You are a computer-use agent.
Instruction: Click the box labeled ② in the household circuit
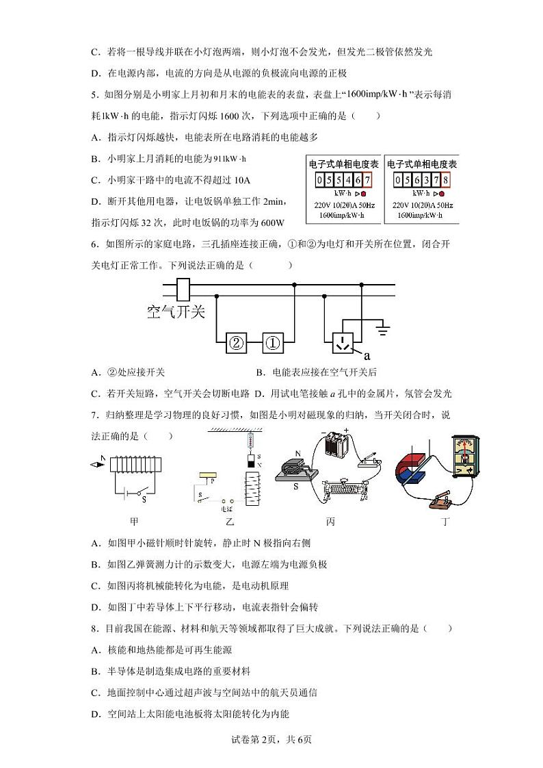coord(236,344)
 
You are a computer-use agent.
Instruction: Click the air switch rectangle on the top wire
coord(183,290)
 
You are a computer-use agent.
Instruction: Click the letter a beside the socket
coord(367,356)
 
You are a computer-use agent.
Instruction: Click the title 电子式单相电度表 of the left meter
coord(344,165)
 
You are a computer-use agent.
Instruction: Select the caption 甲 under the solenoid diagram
coord(134,522)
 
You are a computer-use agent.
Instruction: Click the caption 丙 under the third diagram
coord(330,522)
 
